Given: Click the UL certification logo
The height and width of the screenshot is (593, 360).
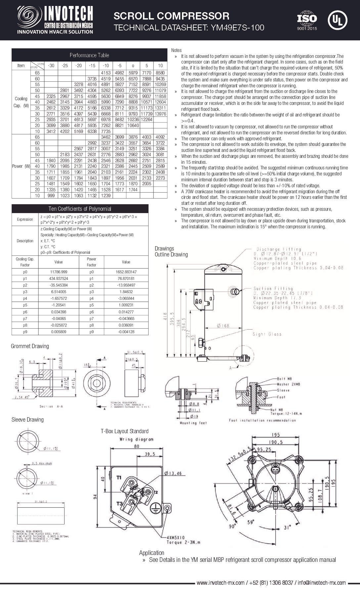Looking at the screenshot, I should point(337,20).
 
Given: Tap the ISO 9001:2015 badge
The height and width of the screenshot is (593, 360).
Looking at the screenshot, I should point(307,21).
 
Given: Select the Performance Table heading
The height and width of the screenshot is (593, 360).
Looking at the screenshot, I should point(89,55).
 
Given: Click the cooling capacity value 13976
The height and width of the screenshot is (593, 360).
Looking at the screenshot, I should point(160,114).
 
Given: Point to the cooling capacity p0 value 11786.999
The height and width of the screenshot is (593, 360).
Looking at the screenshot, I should point(58,272).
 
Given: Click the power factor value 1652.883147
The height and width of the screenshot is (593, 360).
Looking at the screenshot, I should point(126,272).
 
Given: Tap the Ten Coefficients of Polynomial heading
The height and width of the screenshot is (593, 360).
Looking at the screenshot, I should point(80,209).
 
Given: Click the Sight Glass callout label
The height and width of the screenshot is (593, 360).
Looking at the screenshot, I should point(267,334).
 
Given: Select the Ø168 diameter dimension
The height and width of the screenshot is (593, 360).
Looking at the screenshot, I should point(223,326).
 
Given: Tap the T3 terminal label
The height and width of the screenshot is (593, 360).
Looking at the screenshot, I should point(119,503).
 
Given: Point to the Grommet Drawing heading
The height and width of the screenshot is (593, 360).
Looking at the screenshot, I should point(30,346).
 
